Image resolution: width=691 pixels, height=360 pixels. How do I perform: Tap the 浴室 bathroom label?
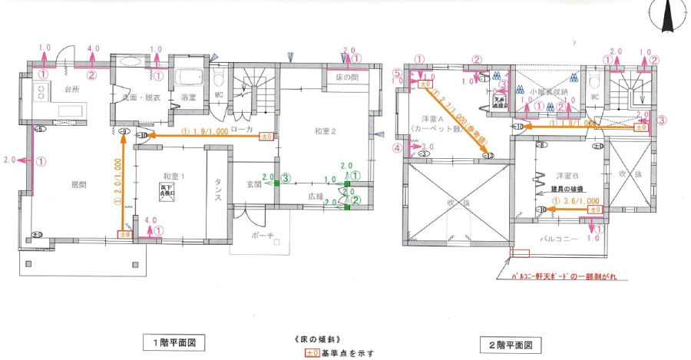click(x=188, y=97)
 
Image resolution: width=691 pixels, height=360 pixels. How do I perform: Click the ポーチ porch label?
click(x=262, y=236)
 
